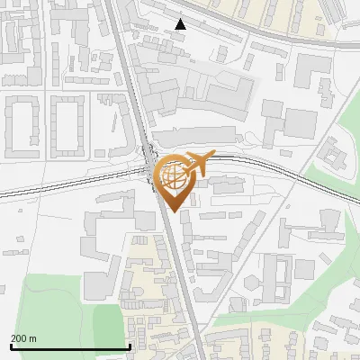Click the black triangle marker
point(181,24)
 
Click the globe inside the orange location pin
point(172,176)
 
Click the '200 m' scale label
point(23,338)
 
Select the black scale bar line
point(70,346)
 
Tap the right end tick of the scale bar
point(130,345)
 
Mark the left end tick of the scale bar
point(11,345)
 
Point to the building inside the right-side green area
point(335,158)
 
